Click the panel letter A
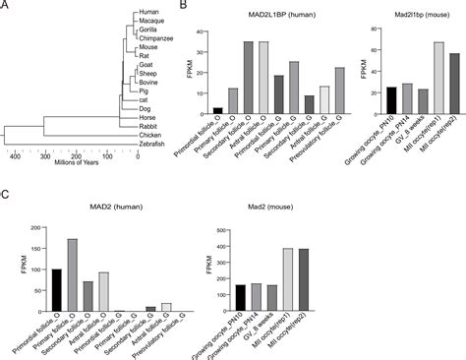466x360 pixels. pyautogui.click(x=6, y=7)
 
